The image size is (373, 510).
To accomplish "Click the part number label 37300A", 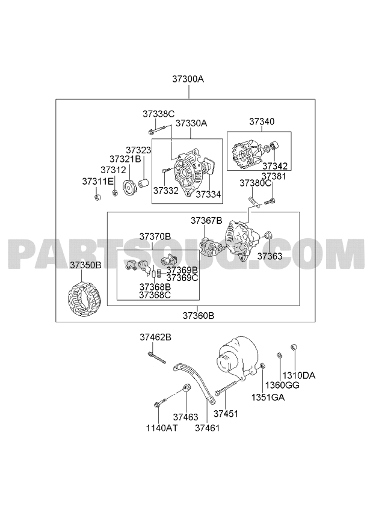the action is click(188, 79).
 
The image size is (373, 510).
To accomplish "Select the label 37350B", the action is click(85, 265).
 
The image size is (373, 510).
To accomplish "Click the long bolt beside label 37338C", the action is click(160, 129).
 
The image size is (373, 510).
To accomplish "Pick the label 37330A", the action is click(191, 123).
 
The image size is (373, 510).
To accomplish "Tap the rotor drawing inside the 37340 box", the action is click(245, 155).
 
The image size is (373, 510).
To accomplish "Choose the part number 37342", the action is click(275, 166).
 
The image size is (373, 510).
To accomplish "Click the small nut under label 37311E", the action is click(97, 197).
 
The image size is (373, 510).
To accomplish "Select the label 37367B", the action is click(206, 221).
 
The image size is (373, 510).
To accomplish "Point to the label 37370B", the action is click(155, 236).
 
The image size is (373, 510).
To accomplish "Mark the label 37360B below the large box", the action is click(198, 316).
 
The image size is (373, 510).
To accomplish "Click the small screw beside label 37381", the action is click(270, 201).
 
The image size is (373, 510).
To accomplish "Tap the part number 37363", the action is click(270, 256).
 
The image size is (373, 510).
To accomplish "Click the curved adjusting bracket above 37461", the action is click(194, 383).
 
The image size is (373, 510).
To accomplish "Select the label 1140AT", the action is click(162, 428).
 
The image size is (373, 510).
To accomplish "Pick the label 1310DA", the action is click(299, 376).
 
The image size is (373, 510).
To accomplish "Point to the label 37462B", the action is click(156, 337).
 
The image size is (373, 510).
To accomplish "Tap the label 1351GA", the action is click(268, 397).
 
